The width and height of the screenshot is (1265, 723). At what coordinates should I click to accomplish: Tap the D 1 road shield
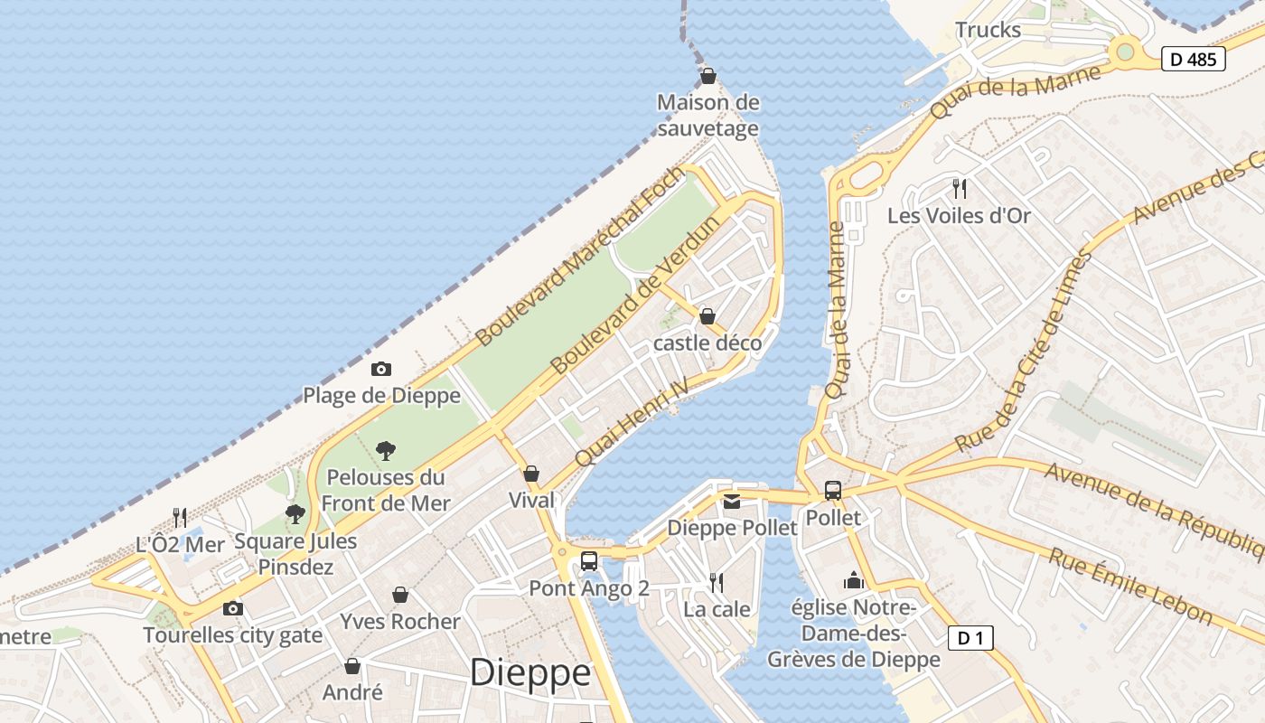coord(970,638)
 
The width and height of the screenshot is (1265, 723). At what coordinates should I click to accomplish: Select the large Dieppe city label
coord(530,672)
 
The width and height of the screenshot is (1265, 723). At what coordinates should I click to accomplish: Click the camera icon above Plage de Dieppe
coord(381,369)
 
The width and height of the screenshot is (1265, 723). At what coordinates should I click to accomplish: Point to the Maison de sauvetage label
coord(708,116)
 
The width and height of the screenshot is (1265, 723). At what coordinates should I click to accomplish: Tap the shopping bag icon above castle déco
coord(707,316)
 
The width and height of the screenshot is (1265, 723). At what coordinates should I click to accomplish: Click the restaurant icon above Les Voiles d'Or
coord(960,189)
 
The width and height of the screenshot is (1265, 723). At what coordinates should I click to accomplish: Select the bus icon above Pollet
coord(832,491)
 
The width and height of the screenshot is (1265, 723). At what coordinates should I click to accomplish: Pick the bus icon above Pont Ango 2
coord(589,561)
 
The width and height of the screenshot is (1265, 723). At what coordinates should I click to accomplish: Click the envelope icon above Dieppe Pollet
coord(732,501)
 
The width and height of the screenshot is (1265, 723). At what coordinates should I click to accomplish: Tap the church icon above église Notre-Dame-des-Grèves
coord(854,580)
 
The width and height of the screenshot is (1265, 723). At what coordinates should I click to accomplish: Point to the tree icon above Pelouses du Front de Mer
coord(386,450)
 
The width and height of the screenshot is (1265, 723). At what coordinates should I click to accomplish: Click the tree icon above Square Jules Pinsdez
coord(295,514)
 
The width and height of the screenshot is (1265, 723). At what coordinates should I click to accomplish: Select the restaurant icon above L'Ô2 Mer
coord(180,518)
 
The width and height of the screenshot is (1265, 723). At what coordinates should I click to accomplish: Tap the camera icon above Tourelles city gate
coord(233,608)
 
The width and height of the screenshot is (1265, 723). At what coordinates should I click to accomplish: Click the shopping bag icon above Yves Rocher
coord(400,595)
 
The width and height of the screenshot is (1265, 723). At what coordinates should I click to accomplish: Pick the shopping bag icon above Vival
coord(531,474)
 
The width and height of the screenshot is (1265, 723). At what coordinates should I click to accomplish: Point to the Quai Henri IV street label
coord(632,422)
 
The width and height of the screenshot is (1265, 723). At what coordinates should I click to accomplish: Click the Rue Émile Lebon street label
coord(1129,586)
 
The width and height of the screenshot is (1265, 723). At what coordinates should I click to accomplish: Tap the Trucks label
coord(988,30)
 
